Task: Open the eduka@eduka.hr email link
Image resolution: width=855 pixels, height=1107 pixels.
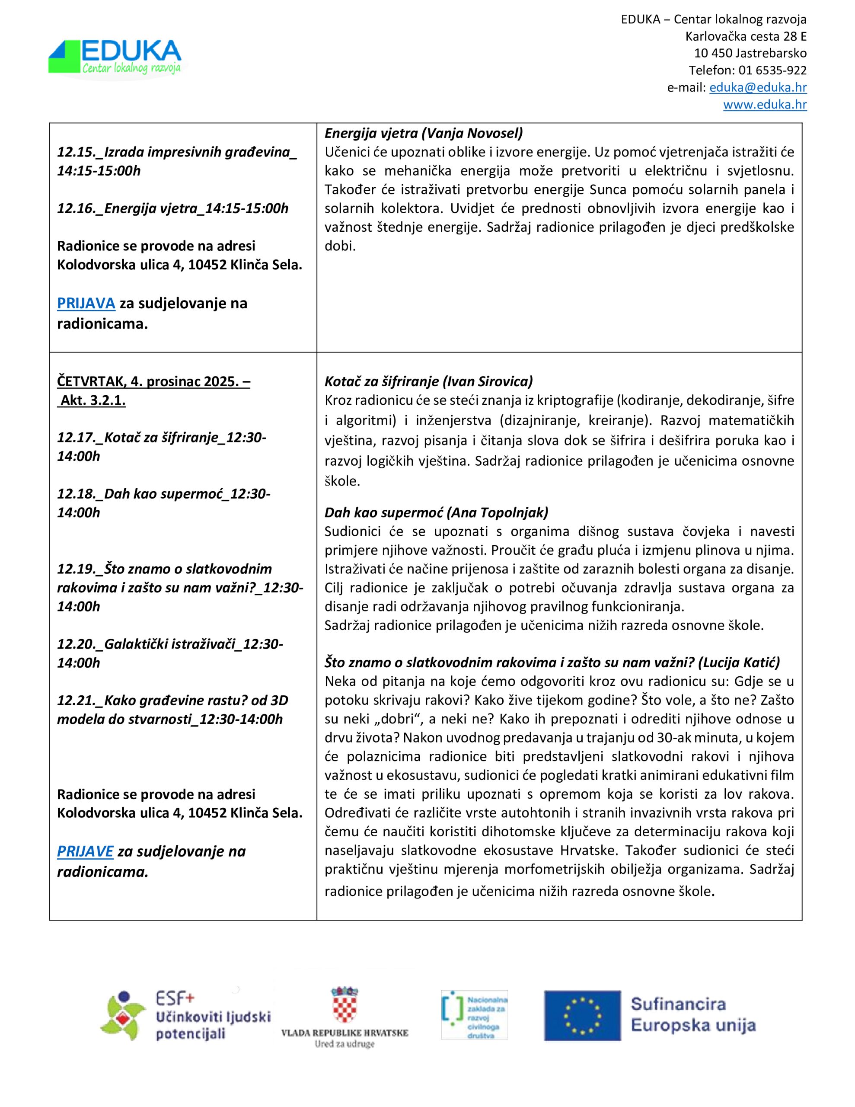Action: pos(758,87)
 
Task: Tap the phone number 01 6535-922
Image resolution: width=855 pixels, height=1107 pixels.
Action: pos(772,70)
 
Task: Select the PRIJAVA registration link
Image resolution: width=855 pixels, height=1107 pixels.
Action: pos(86,303)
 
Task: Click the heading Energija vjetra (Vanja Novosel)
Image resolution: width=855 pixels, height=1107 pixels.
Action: pos(424,133)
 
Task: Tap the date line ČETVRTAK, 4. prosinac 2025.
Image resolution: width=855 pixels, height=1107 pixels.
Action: pos(153,381)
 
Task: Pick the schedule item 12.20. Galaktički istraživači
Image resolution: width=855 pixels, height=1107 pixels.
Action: pos(170,653)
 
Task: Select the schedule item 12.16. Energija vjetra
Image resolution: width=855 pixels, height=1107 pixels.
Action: pos(172,208)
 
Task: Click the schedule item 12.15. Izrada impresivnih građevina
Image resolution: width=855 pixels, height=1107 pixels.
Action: pos(176,161)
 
